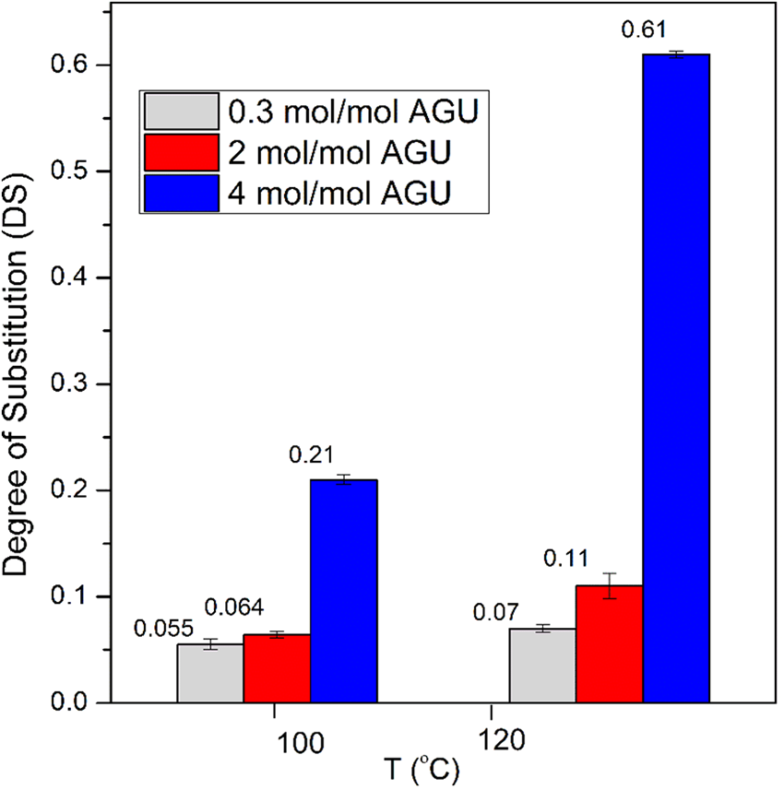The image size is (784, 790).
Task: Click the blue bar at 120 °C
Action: pos(676,378)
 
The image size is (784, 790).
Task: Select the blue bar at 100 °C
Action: pos(344,591)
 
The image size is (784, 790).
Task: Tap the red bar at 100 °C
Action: pos(278,668)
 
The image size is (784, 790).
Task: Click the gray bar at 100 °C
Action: pos(210,673)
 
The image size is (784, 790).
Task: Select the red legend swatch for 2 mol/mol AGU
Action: pos(181,152)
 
